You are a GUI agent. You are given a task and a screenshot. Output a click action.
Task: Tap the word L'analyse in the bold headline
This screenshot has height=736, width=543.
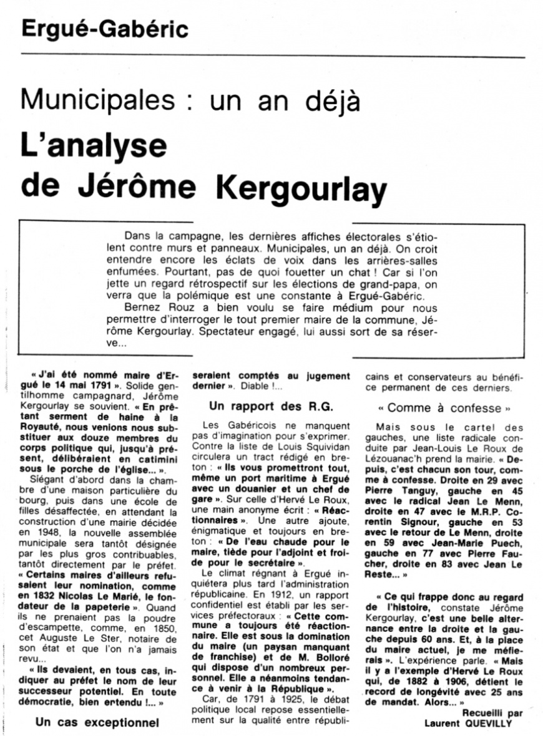94,146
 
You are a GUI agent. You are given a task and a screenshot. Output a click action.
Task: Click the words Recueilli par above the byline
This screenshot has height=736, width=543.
493,712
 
